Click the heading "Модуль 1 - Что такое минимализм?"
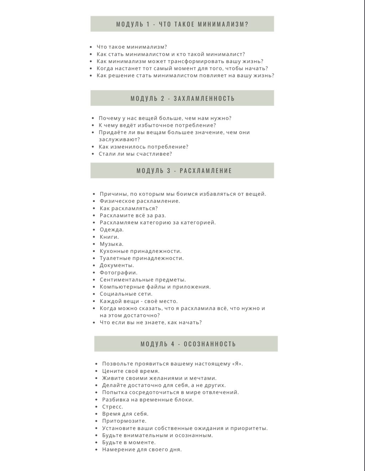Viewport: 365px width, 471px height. [x=182, y=24]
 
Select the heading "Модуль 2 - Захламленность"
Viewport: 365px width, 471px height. [x=182, y=98]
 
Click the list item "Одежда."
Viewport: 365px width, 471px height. [x=112, y=230]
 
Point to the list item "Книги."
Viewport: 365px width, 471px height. [x=109, y=237]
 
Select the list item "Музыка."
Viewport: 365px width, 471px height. [x=112, y=244]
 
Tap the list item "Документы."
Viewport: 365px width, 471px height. [x=117, y=265]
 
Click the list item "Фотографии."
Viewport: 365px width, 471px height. [x=118, y=273]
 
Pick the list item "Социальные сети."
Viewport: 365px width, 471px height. [x=126, y=294]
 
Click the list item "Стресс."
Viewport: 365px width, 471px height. [x=113, y=407]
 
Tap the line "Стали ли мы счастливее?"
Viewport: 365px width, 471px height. [x=135, y=154]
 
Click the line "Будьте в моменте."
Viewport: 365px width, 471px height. [x=129, y=442]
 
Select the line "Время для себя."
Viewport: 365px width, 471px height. [x=125, y=414]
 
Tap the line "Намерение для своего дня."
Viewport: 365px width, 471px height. [x=142, y=450]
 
